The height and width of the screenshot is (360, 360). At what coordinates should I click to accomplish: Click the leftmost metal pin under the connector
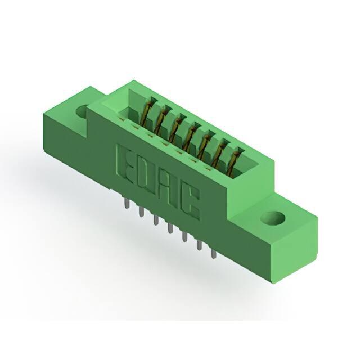(x=127, y=203)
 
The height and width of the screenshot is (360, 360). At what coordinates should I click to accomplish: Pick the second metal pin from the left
(x=141, y=211)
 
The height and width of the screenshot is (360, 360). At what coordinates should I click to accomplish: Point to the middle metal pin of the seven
(x=170, y=228)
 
